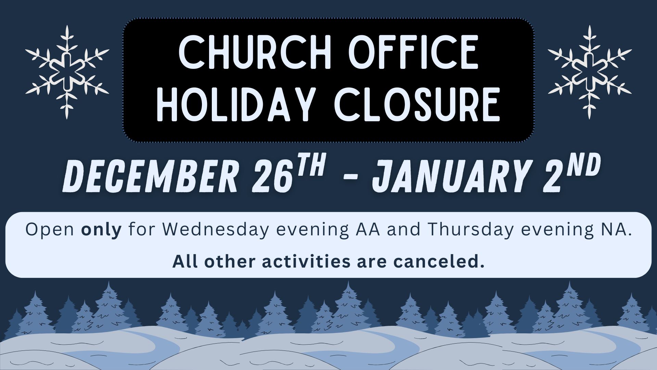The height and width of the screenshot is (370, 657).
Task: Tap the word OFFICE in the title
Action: tap(413, 52)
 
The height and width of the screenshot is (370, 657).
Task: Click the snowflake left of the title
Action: tap(67, 72)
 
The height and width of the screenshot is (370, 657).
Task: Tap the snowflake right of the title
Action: tap(590, 72)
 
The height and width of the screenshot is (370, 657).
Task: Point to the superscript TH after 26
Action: tap(310, 166)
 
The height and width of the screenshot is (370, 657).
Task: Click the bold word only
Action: tap(101, 230)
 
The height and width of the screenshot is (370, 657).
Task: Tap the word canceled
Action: tap(439, 261)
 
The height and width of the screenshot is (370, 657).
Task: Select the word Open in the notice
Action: tap(50, 230)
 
